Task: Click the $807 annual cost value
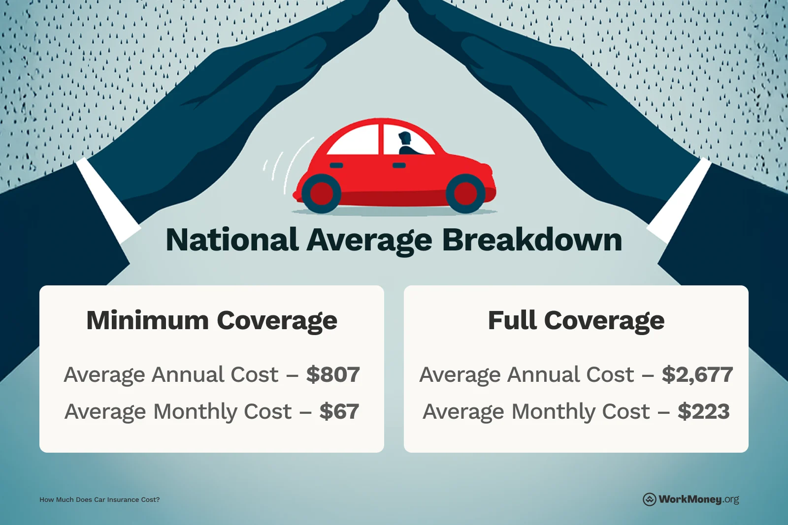(x=333, y=375)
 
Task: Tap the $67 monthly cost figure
(x=339, y=412)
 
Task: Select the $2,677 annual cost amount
(x=697, y=375)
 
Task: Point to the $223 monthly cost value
(x=703, y=412)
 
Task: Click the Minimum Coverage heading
(x=212, y=321)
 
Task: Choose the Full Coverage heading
(x=576, y=321)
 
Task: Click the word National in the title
(x=231, y=240)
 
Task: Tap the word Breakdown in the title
(x=532, y=240)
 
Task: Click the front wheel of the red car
(x=465, y=193)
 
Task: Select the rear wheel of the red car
(x=321, y=193)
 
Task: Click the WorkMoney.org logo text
(x=698, y=499)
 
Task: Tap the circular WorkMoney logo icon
(x=650, y=499)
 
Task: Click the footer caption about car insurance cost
(x=99, y=500)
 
